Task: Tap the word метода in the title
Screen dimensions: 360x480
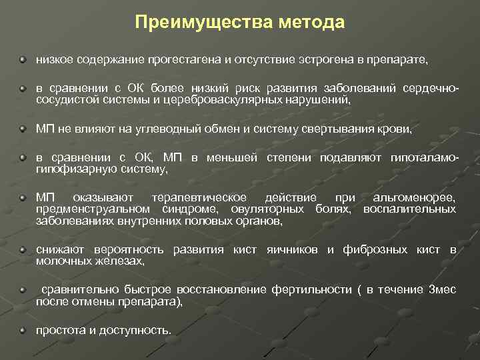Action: tap(312, 23)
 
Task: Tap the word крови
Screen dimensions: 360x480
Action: tap(396, 129)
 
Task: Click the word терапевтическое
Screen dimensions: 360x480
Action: tap(199, 198)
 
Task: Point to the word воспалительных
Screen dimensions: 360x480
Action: tap(410, 209)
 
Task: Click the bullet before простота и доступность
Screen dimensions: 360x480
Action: tap(23, 329)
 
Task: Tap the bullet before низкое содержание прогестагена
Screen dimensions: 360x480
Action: tap(23, 59)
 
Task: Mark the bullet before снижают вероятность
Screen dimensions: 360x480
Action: tap(23, 250)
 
